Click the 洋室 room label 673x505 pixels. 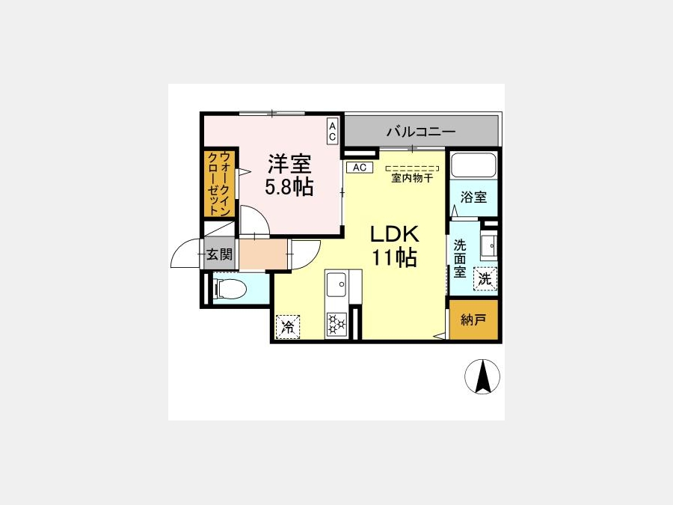pyautogui.click(x=289, y=163)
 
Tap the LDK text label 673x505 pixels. pyautogui.click(x=394, y=234)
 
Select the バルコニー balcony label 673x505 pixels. pyautogui.click(x=420, y=131)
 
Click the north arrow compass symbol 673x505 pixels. pyautogui.click(x=482, y=376)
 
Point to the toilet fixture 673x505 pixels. pyautogui.click(x=230, y=288)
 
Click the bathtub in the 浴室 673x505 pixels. pyautogui.click(x=473, y=165)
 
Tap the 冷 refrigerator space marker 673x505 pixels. pyautogui.click(x=288, y=327)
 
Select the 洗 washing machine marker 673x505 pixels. pyautogui.click(x=485, y=279)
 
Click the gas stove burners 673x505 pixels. pyautogui.click(x=336, y=324)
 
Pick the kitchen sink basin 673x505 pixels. pyautogui.click(x=336, y=285)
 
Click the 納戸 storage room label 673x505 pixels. pyautogui.click(x=473, y=319)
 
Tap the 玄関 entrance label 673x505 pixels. pyautogui.click(x=219, y=254)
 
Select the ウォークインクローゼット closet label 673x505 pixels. pyautogui.click(x=220, y=183)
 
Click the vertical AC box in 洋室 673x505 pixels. pyautogui.click(x=332, y=130)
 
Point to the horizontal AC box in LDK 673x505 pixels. pyautogui.click(x=360, y=168)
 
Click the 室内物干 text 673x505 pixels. pyautogui.click(x=412, y=178)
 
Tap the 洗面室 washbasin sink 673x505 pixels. pyautogui.click(x=489, y=245)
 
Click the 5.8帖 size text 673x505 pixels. pyautogui.click(x=289, y=187)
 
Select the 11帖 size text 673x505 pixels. pyautogui.click(x=394, y=257)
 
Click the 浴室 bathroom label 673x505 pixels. pyautogui.click(x=473, y=197)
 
